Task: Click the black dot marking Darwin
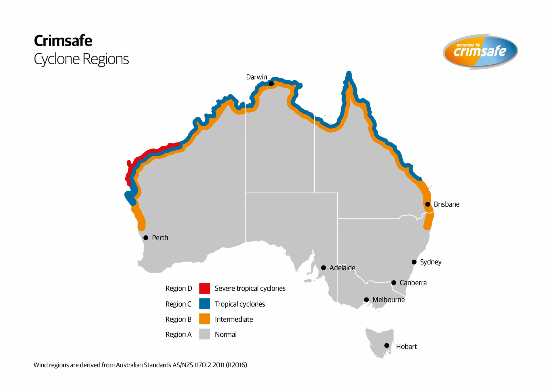271,84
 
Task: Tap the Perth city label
160,238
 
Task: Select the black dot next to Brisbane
428,204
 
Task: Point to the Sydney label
430,262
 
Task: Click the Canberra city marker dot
394,283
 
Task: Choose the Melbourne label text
388,300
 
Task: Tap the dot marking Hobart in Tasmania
387,346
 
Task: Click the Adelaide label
342,268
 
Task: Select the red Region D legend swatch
205,288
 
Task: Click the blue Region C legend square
205,304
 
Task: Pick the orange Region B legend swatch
205,319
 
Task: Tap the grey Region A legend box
205,334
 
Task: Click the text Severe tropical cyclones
250,288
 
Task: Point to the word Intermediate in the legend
234,319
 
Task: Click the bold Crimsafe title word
63,41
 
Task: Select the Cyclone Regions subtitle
81,59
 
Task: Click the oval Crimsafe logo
480,51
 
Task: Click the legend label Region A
178,335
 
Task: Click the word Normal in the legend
226,335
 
